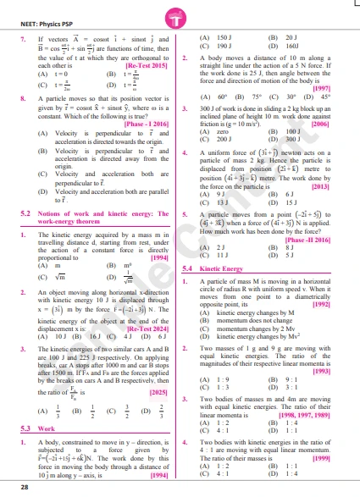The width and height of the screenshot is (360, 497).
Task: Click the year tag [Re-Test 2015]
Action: point(148,65)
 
